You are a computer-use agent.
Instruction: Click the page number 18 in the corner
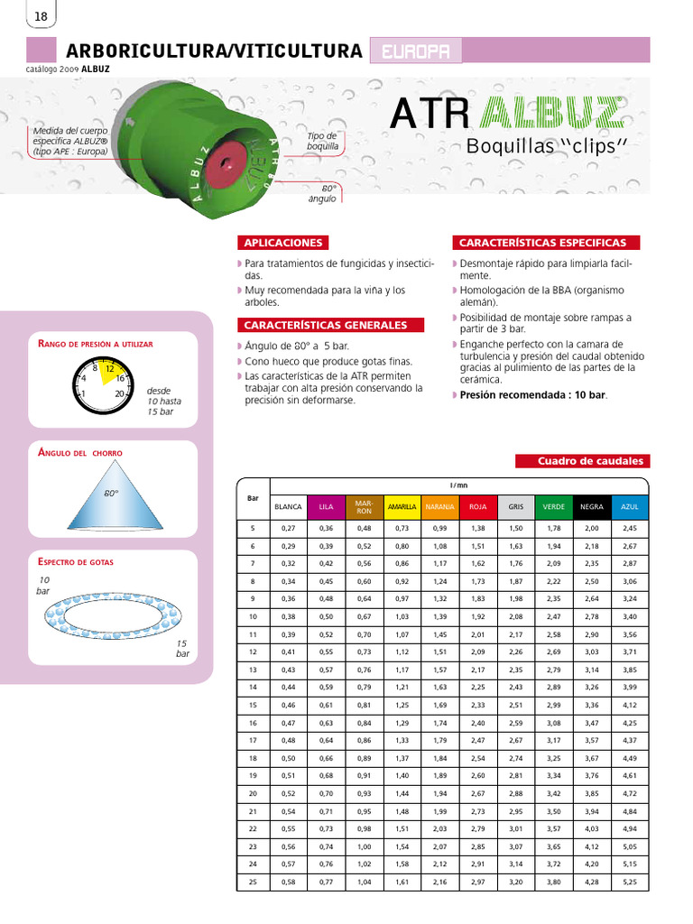pos(41,17)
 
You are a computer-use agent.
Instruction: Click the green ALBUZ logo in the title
pos(551,114)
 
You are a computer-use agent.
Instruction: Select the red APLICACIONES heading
pos(282,243)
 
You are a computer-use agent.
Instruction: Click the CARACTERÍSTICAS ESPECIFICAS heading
pos(543,243)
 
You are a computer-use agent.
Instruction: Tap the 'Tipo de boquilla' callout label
pos(322,141)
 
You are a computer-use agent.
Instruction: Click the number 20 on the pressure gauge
pos(120,393)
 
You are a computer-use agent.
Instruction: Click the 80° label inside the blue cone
pos(111,494)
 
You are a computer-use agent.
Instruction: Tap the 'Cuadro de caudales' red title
pos(582,461)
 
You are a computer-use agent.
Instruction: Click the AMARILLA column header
pos(402,507)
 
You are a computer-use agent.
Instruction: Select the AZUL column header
pos(629,507)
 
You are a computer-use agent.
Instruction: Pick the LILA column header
pos(326,507)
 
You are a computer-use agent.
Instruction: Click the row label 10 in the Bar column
pos(253,615)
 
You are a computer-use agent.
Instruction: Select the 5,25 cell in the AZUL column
pos(629,881)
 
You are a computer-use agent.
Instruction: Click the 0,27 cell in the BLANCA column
pos(288,528)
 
